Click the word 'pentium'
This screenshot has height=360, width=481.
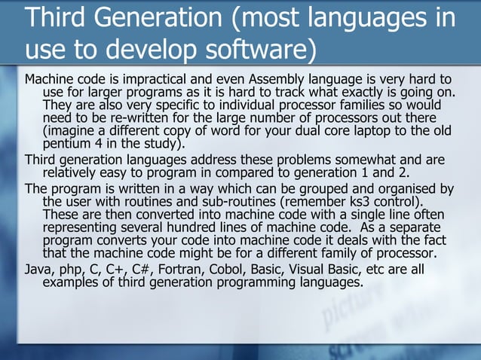pos(68,144)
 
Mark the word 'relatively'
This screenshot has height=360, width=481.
pos(74,172)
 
